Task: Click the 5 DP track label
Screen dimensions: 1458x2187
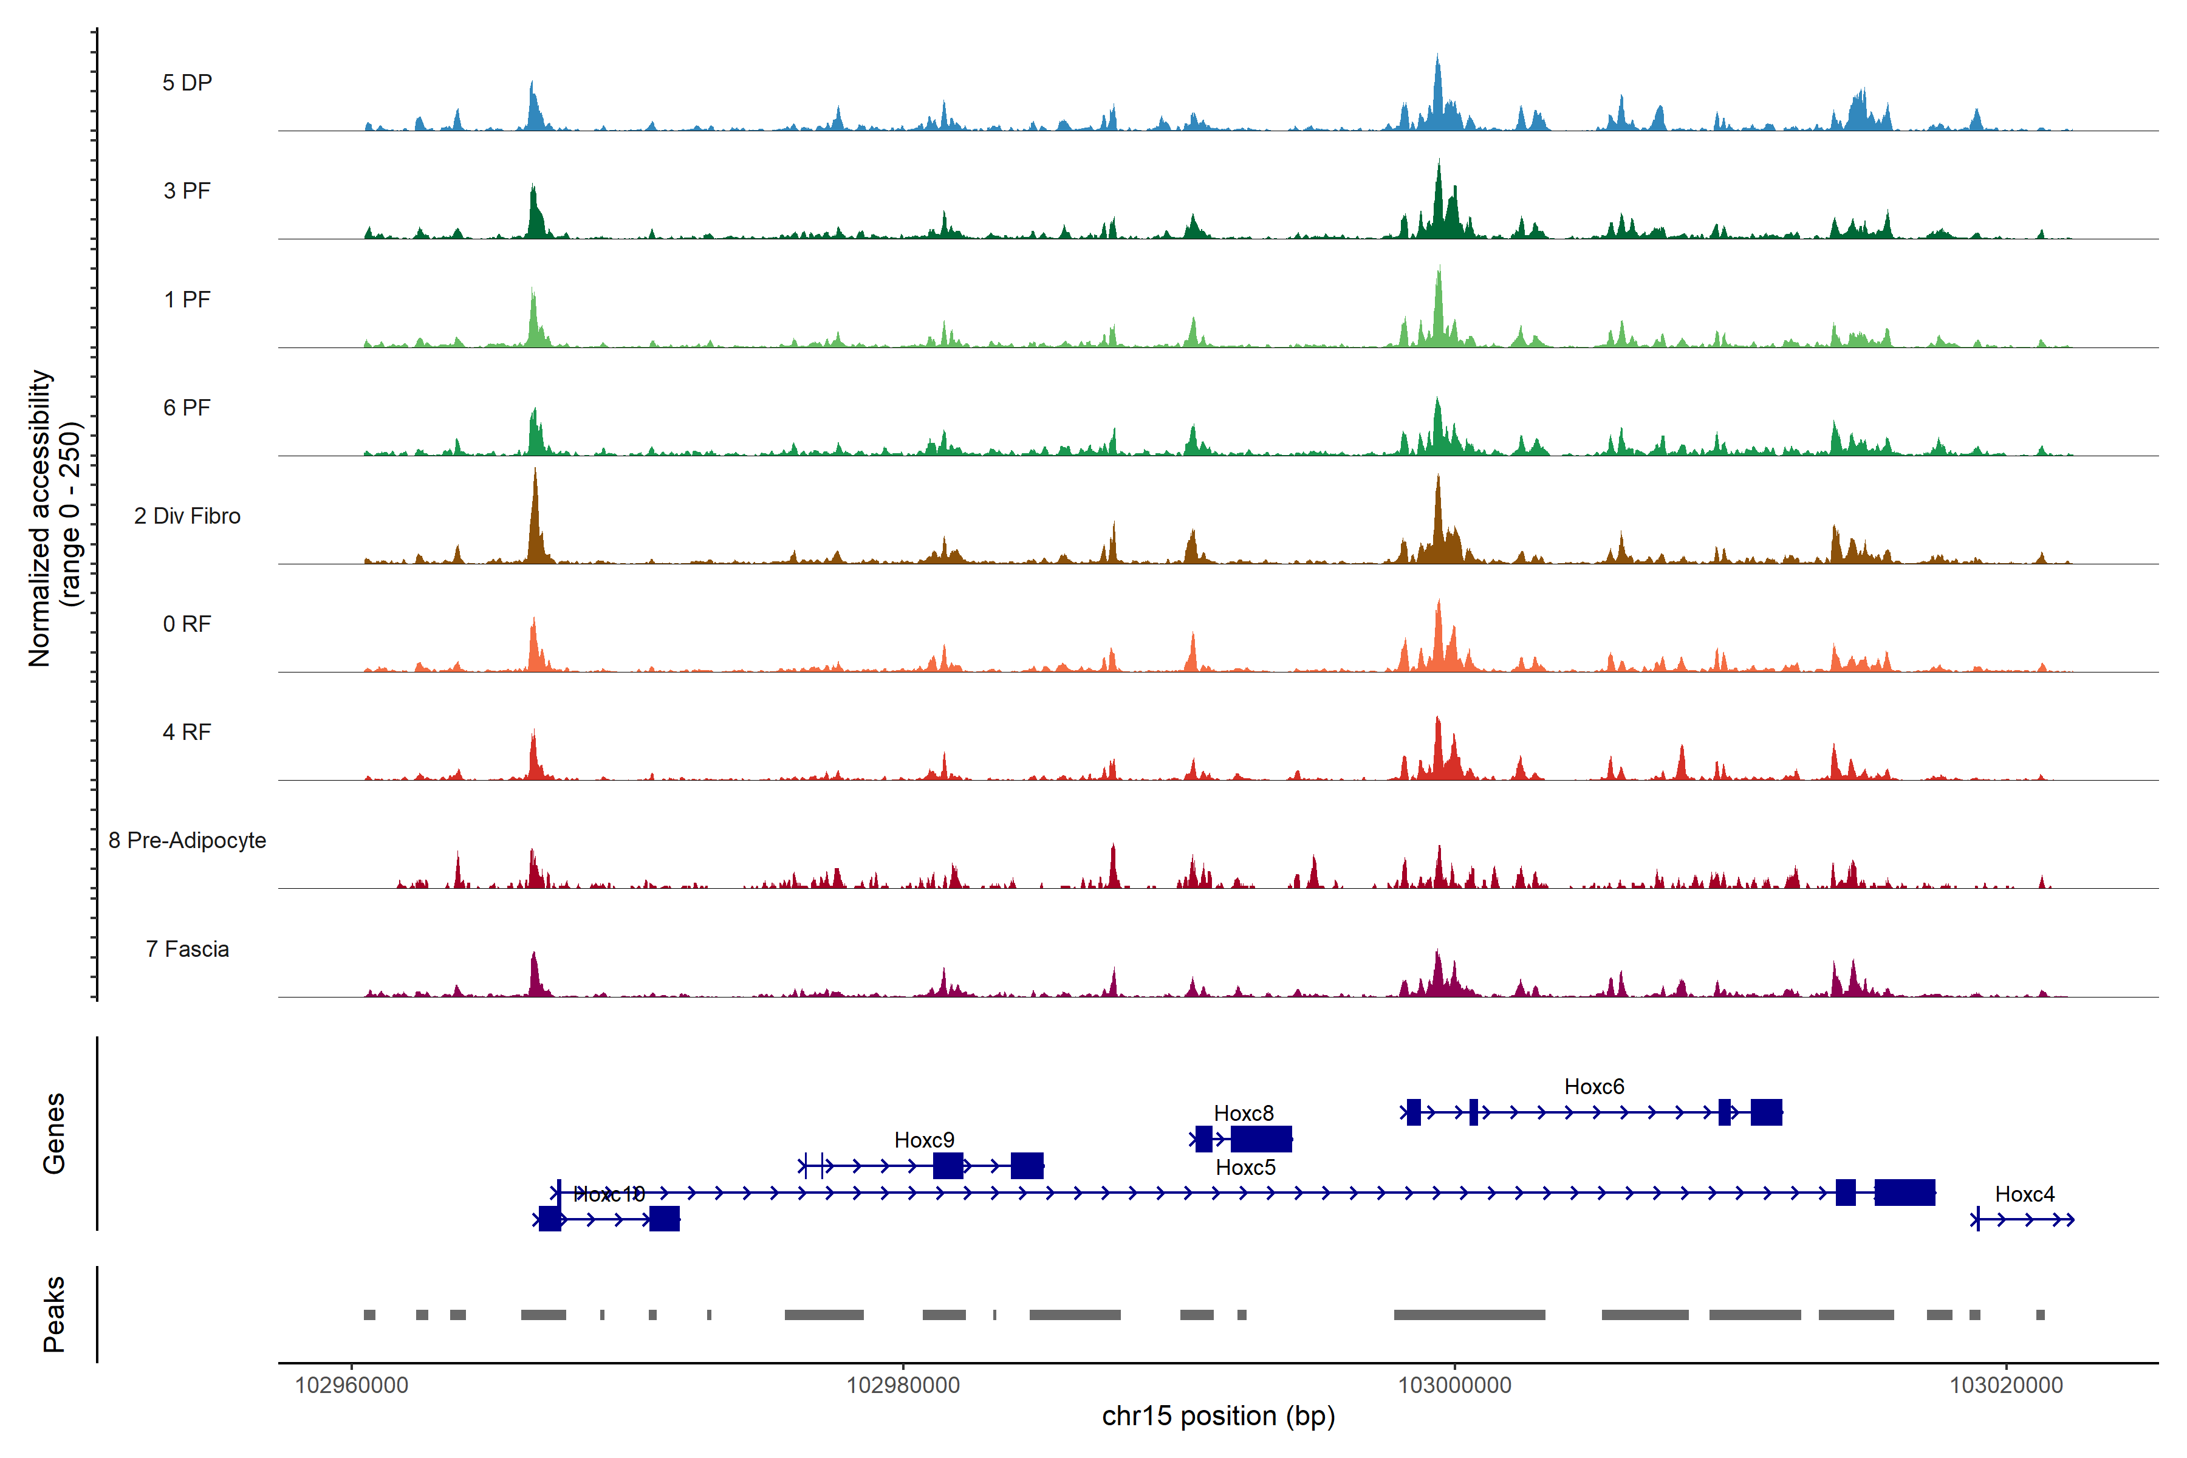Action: (x=187, y=83)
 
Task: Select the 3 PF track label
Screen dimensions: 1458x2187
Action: (x=187, y=191)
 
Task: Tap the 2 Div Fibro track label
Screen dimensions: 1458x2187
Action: (x=187, y=516)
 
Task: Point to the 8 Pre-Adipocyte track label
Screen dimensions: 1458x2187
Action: (x=187, y=841)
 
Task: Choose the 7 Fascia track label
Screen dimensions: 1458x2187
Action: (x=187, y=950)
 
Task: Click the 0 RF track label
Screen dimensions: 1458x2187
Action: (x=187, y=624)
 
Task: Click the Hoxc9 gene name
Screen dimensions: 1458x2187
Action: (x=923, y=1140)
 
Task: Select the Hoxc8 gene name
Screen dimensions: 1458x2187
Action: (x=1243, y=1113)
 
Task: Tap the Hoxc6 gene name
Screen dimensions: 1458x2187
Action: (x=1593, y=1086)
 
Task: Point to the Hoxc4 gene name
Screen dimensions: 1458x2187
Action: (x=2024, y=1194)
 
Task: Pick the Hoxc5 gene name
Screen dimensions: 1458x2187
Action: (x=1245, y=1167)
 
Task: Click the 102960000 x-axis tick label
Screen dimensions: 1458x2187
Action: (x=352, y=1386)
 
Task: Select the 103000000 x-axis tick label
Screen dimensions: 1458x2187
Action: (x=1454, y=1386)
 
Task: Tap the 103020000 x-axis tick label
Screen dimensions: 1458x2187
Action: (x=2006, y=1386)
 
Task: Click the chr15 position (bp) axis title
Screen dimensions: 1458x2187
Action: (x=1218, y=1416)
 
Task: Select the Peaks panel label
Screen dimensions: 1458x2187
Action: (x=54, y=1314)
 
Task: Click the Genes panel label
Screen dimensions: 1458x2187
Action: (x=54, y=1134)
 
